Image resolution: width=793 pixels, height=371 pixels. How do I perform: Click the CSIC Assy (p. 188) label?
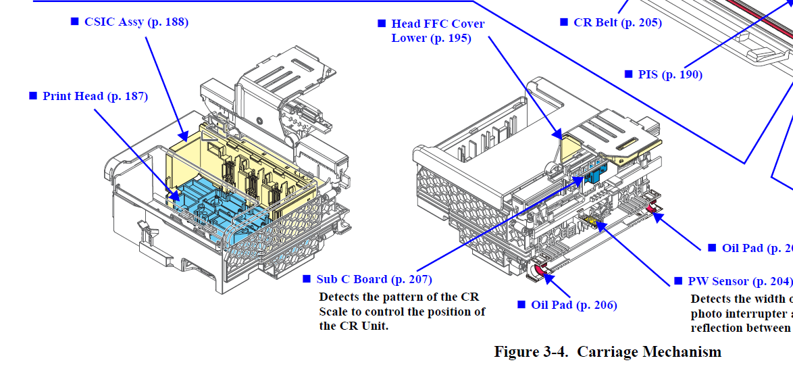pyautogui.click(x=136, y=22)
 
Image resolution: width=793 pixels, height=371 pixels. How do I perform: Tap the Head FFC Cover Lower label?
pyautogui.click(x=438, y=31)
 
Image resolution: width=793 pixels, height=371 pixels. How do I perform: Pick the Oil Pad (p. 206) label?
pyautogui.click(x=573, y=305)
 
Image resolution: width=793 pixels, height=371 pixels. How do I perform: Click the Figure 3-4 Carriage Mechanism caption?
pyautogui.click(x=607, y=351)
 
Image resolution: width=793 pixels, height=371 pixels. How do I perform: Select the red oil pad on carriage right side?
pyautogui.click(x=653, y=207)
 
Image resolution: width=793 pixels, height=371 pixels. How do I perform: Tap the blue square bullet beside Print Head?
pyautogui.click(x=33, y=96)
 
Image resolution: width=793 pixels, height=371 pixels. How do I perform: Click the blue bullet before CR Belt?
pyautogui.click(x=564, y=22)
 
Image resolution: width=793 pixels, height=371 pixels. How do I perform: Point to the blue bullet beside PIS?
pyautogui.click(x=628, y=74)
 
